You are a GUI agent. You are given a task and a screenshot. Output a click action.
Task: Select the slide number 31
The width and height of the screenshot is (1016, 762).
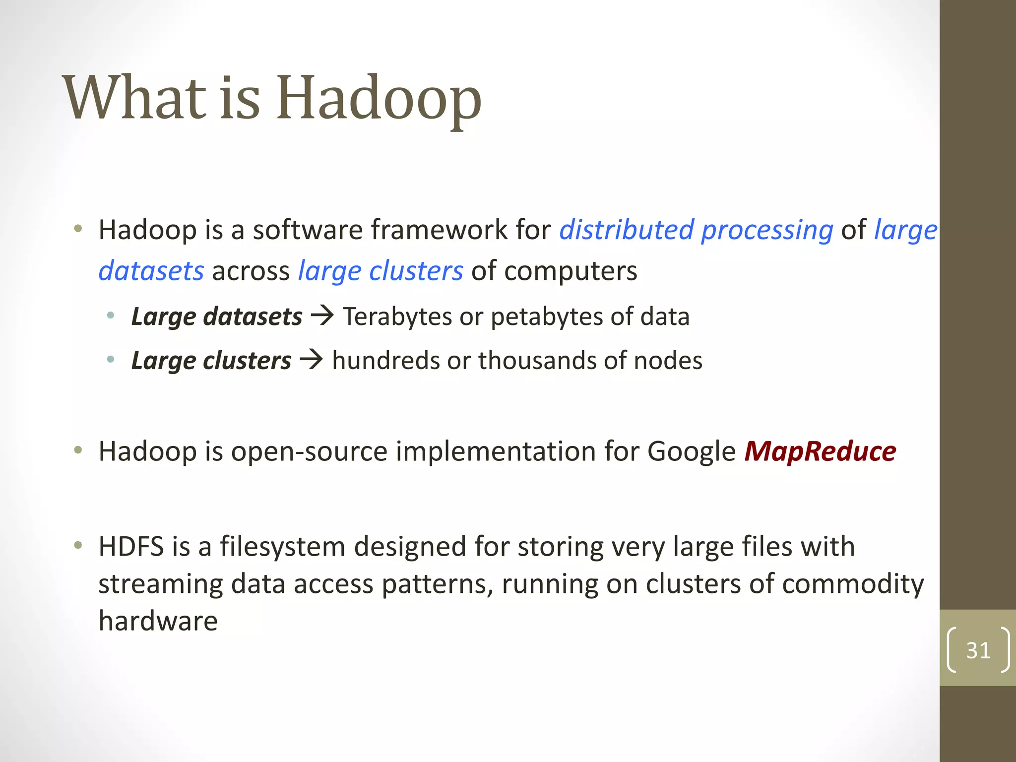(x=978, y=650)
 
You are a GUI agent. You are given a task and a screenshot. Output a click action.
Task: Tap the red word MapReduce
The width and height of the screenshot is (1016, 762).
(x=820, y=451)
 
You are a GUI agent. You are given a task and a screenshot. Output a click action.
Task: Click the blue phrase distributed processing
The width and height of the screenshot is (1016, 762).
(x=696, y=230)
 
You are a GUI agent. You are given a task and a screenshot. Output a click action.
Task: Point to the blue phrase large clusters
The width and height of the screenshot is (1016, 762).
(x=380, y=271)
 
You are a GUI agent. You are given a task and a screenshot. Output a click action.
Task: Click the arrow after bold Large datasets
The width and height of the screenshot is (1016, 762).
(x=323, y=316)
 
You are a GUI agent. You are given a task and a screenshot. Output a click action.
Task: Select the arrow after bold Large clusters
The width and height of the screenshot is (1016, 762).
(x=312, y=359)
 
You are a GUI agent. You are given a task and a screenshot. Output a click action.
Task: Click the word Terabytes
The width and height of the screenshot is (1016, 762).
(x=397, y=317)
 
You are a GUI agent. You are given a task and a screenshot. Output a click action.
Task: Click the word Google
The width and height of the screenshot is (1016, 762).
(x=691, y=452)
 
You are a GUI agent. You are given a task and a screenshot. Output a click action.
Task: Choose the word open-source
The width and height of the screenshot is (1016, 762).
(x=309, y=452)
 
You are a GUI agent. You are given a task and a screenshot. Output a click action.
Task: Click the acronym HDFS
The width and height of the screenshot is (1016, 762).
(x=131, y=547)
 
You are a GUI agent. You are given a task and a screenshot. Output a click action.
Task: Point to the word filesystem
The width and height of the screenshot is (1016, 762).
(x=282, y=547)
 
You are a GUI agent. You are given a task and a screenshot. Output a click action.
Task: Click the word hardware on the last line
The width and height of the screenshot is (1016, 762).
(x=158, y=621)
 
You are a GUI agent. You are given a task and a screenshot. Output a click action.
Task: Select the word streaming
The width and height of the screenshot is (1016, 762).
(x=160, y=584)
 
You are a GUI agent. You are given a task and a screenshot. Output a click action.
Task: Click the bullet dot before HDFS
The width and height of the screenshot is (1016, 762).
(x=78, y=546)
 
